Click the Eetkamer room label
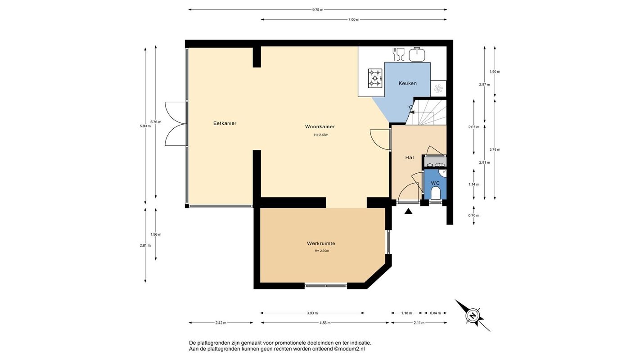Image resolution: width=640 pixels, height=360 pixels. [x=225, y=123]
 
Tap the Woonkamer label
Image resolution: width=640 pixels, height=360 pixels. [x=320, y=126]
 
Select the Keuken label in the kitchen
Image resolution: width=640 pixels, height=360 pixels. [x=408, y=83]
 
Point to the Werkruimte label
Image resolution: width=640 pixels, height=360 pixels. [x=321, y=243]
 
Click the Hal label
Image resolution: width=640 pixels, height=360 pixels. [x=410, y=157]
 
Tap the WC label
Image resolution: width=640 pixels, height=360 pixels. [x=435, y=183]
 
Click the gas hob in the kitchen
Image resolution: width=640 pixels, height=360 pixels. [x=375, y=78]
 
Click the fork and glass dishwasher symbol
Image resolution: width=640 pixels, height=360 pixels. [x=399, y=54]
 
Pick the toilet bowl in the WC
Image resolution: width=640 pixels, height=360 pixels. [x=435, y=193]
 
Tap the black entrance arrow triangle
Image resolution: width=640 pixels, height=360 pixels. [x=409, y=211]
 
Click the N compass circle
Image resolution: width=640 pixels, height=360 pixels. [x=473, y=316]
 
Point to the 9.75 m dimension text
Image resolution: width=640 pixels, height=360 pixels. [x=318, y=10]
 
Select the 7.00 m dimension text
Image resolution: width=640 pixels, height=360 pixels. [x=354, y=20]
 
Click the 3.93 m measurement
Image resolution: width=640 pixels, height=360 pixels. [x=312, y=313]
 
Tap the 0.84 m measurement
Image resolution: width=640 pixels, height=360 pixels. [x=435, y=313]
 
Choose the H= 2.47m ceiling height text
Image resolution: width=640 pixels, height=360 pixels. [x=321, y=135]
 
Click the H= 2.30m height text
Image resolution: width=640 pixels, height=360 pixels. [x=322, y=251]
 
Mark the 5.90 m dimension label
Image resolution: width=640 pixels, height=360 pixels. [x=145, y=126]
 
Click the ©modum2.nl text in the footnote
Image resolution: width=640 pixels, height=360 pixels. [x=349, y=349]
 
